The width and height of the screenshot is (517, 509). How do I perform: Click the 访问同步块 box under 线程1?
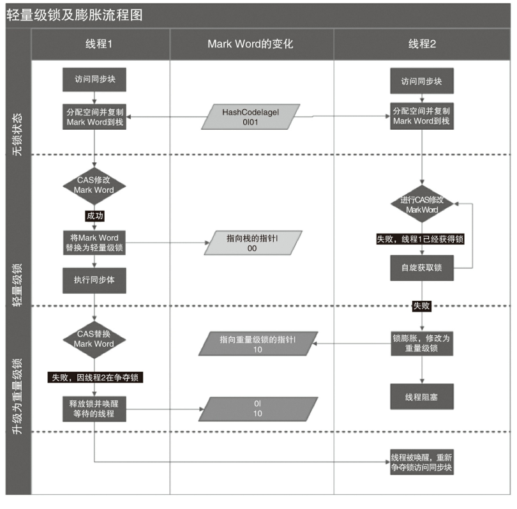coord(94,81)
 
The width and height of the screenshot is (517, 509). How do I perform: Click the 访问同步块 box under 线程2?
coord(422,81)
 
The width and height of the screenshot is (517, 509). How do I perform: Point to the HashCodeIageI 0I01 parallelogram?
coord(251,117)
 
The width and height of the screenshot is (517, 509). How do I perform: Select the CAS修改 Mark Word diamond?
coord(94,185)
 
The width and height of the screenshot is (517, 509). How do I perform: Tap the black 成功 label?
coord(95,216)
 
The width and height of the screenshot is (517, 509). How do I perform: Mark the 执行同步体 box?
coord(94,280)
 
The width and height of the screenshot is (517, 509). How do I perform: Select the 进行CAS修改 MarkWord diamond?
coord(422,204)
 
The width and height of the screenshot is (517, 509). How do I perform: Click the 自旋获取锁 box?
coord(422,268)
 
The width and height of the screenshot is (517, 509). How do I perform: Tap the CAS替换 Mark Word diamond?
coord(94,338)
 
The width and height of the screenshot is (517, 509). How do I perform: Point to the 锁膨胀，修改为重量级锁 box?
coord(422,344)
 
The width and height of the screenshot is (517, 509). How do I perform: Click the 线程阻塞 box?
coord(422,397)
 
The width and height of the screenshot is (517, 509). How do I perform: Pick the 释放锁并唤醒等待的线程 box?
coord(94,409)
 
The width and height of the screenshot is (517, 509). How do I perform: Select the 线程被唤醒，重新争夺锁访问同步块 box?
coord(422,462)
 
